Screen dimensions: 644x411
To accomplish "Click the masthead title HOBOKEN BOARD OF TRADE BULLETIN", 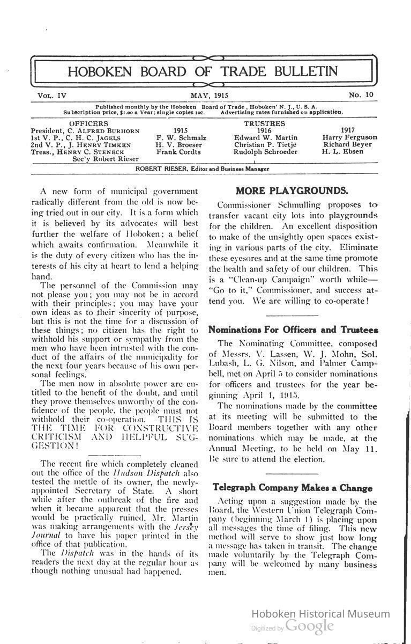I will click(203, 71).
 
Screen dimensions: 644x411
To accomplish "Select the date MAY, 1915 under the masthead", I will click(209, 96).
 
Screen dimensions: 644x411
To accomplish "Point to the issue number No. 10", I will click(362, 95).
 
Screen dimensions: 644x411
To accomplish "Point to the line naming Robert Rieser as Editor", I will click(203, 169).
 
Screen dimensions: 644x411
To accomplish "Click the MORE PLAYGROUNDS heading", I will click(292, 191).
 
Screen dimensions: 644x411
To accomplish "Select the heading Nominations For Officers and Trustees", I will click(293, 330).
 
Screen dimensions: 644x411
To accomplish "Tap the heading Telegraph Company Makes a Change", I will click(292, 488).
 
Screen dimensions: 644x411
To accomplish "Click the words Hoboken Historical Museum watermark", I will click(320, 614).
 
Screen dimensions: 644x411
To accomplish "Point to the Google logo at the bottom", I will click(310, 626).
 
